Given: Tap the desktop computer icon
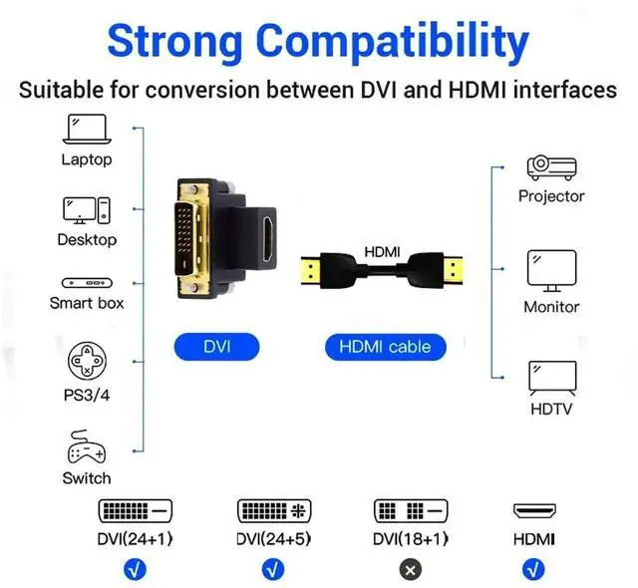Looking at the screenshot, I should [x=87, y=210].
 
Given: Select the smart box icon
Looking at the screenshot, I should [x=87, y=283].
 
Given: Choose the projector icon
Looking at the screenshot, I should [x=551, y=166].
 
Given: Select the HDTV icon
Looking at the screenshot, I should [x=551, y=378].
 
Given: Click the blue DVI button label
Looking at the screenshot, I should [x=216, y=347].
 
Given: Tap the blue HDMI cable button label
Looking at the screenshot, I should [x=385, y=347].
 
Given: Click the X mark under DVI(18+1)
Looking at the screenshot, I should [x=411, y=569].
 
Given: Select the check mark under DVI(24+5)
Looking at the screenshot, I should [x=272, y=569].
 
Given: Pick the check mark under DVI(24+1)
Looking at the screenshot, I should [x=135, y=569].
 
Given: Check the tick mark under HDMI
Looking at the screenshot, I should [x=534, y=569].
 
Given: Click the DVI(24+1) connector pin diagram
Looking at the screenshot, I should [x=135, y=511].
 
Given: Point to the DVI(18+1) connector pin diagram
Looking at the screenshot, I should [x=411, y=511].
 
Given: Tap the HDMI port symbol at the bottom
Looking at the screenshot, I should [x=534, y=511].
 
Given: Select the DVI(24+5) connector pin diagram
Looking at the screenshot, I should [x=273, y=511].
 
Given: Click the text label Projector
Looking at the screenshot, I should [x=551, y=196].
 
